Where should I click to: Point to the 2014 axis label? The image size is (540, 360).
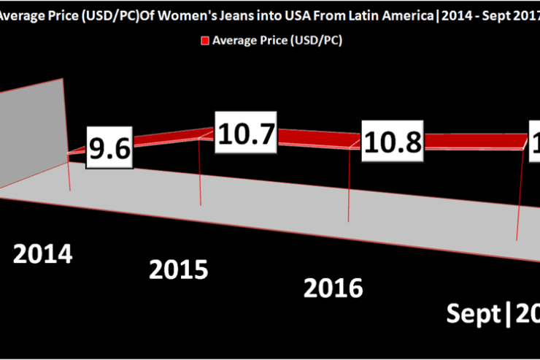click(43, 255)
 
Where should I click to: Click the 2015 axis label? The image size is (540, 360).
click(178, 269)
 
